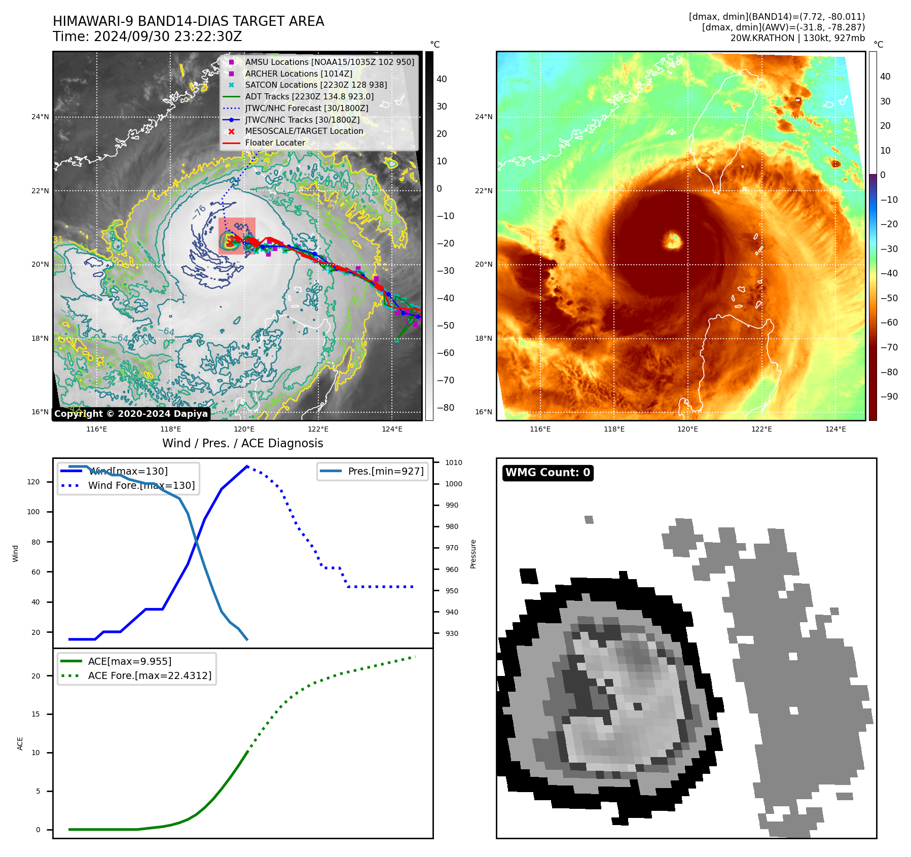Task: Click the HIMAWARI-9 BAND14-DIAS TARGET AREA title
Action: [188, 21]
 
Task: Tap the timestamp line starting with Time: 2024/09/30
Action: [147, 37]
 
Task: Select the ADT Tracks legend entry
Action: [309, 96]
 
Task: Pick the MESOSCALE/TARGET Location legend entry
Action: [304, 131]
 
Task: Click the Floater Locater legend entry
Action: [275, 142]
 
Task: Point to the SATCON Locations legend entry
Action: [316, 85]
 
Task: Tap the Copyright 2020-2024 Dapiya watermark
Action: [131, 414]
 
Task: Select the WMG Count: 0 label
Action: [548, 473]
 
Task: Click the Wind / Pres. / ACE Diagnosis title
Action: [242, 443]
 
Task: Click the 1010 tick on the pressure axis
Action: [453, 462]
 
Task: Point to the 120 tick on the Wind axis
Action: [33, 482]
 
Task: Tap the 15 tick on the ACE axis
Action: [35, 714]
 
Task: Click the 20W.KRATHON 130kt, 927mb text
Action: [797, 38]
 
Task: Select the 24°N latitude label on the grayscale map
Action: [40, 117]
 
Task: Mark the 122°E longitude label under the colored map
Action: [761, 429]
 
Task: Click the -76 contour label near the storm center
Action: [199, 211]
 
